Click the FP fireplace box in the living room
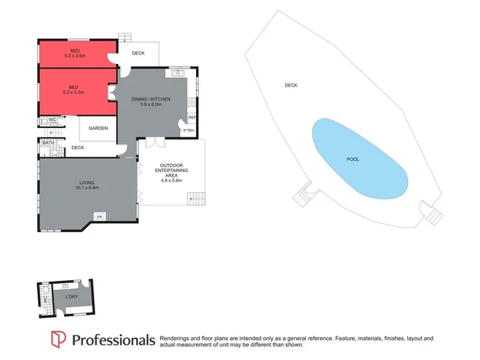(x=99, y=217)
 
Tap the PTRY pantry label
(x=189, y=131)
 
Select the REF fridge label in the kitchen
(x=192, y=117)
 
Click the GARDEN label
(x=98, y=128)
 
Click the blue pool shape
(x=360, y=159)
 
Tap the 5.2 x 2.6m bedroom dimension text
(x=75, y=56)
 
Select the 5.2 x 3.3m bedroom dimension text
(x=73, y=92)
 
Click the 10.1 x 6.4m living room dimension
(x=87, y=187)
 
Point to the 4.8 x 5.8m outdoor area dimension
(x=171, y=180)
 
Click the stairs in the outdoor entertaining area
(x=196, y=199)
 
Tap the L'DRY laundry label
(x=71, y=296)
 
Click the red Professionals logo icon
(x=58, y=339)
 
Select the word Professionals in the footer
(x=113, y=340)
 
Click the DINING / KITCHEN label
(x=151, y=99)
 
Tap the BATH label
(x=49, y=143)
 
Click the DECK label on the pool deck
(x=291, y=85)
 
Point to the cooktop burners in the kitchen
(x=191, y=102)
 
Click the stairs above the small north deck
(x=125, y=37)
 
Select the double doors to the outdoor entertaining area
(x=155, y=143)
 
